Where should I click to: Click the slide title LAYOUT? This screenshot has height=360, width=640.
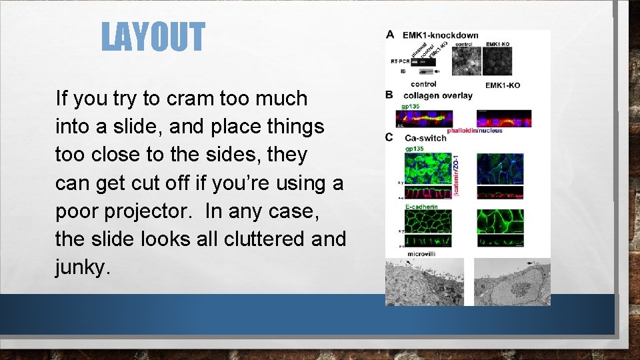(153, 37)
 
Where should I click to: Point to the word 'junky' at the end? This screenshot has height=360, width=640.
(80, 267)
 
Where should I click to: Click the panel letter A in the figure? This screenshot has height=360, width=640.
(390, 35)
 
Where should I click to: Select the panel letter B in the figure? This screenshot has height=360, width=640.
(390, 95)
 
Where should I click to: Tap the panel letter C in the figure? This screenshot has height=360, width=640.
(390, 137)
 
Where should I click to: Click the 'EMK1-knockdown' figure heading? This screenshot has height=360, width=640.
(440, 35)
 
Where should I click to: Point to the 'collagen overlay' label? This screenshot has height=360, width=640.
(437, 95)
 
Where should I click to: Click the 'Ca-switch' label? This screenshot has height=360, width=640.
(425, 138)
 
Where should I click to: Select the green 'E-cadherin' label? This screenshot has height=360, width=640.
(421, 207)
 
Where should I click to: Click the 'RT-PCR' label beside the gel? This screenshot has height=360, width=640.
(399, 61)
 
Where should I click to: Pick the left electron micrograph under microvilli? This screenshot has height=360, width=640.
(424, 282)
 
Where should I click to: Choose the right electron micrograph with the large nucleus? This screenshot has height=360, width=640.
(512, 282)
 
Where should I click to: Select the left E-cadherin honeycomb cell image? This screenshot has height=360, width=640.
(428, 221)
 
